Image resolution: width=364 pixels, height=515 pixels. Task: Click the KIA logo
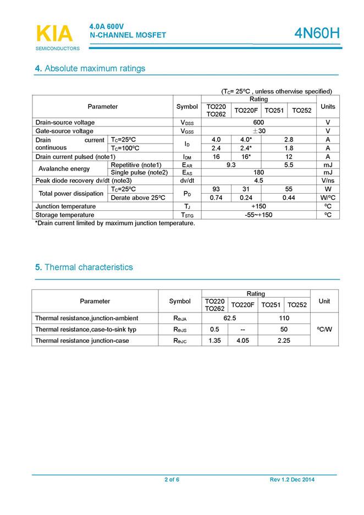coord(54,34)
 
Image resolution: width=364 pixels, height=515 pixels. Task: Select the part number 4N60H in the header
coord(317,34)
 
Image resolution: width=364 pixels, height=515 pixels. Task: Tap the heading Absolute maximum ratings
coord(90,69)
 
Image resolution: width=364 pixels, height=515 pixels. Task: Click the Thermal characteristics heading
coord(84,267)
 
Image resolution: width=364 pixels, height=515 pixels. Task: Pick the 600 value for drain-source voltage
coord(258,122)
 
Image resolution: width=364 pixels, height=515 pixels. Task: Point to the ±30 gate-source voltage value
coord(258,131)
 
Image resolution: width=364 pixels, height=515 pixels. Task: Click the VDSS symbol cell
coord(187,122)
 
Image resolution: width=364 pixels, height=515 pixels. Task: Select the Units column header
coord(328,107)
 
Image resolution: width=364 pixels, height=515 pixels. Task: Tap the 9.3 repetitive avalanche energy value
coord(231,165)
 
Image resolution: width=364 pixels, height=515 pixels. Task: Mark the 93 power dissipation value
coord(216,189)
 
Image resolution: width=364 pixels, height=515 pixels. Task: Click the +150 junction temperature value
coord(258,206)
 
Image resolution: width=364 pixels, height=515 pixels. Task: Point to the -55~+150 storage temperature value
coord(258,215)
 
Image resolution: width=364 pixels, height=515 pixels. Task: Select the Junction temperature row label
coord(65,206)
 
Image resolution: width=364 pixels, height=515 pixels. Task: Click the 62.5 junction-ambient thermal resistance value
coord(230,318)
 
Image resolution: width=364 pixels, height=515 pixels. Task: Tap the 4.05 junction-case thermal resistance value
coord(242,341)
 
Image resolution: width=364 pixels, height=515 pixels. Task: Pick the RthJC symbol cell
coord(180,341)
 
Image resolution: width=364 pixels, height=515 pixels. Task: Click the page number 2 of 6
coord(172,480)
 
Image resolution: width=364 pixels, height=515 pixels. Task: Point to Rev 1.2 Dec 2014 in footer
coord(292,480)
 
